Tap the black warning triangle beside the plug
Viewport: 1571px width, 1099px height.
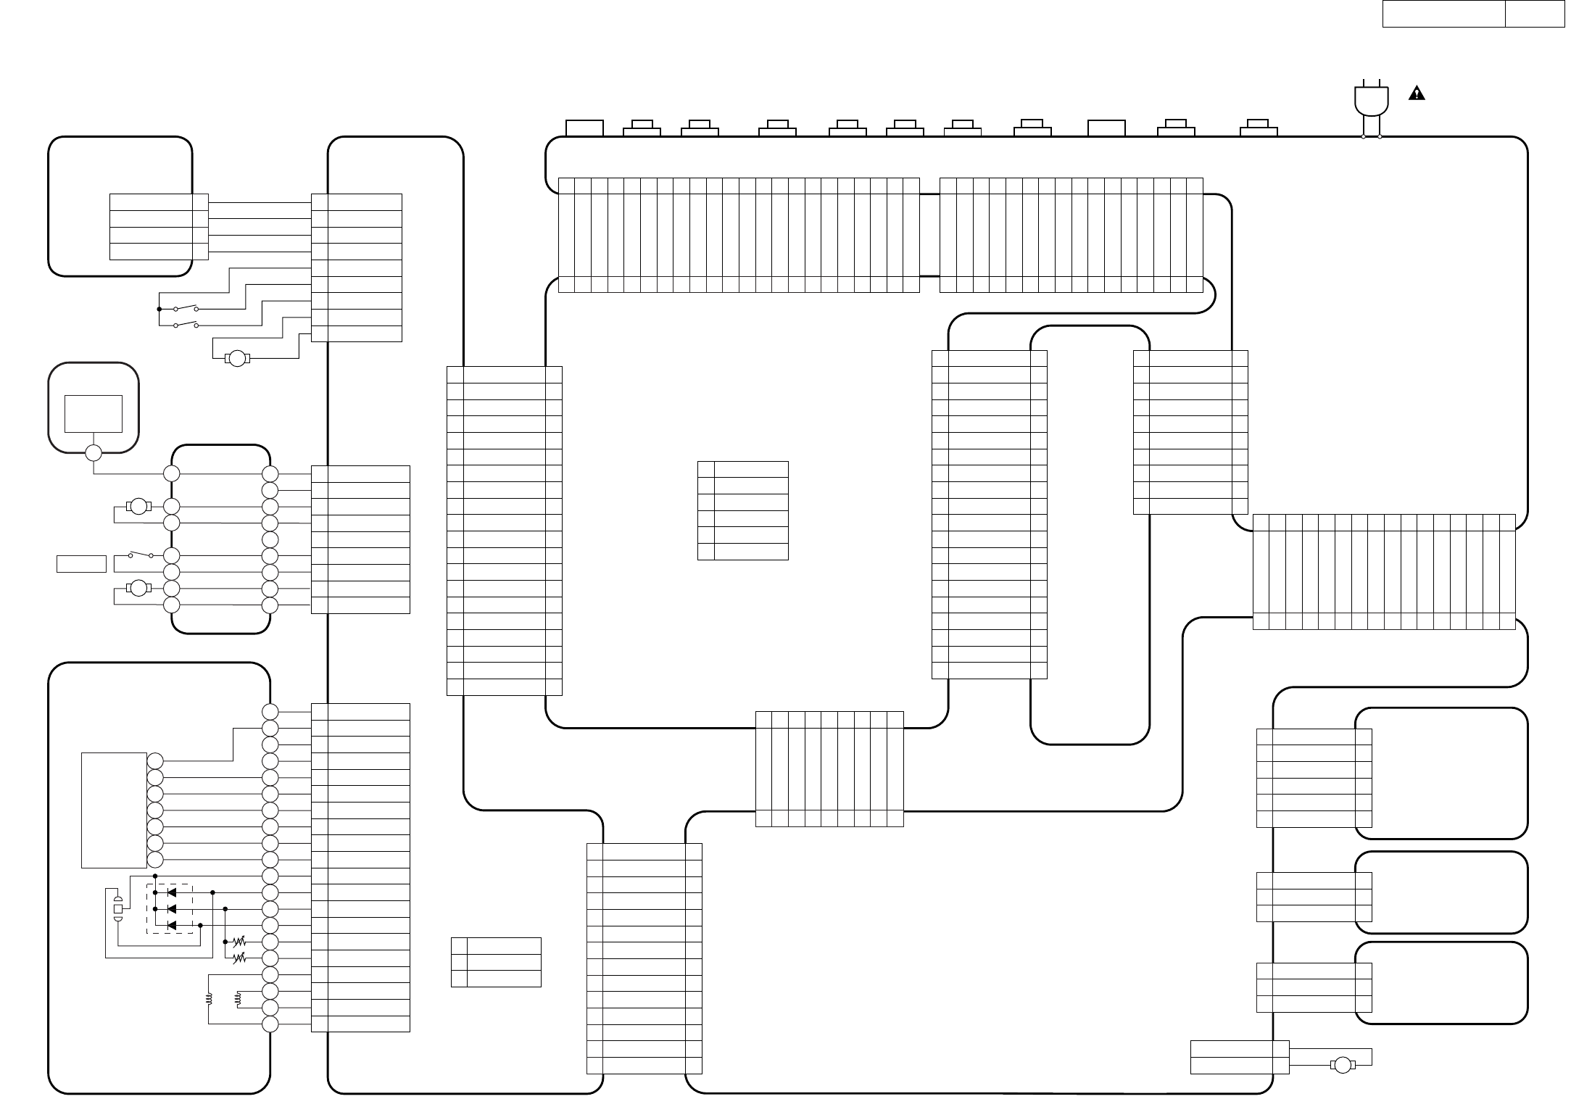[x=1417, y=94]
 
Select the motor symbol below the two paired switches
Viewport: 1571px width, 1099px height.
[x=238, y=358]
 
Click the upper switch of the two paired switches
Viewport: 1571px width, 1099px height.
[x=186, y=309]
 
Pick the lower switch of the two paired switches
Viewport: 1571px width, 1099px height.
[x=186, y=325]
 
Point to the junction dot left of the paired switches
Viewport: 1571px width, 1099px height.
[x=159, y=310]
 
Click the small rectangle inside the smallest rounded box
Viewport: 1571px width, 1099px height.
[x=94, y=413]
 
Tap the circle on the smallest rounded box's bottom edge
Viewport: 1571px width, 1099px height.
[x=94, y=453]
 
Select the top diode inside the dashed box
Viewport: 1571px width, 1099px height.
[x=172, y=892]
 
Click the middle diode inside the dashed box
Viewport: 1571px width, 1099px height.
[x=172, y=909]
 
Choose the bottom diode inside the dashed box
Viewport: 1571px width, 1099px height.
[x=172, y=926]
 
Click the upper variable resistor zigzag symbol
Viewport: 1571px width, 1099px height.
[x=239, y=942]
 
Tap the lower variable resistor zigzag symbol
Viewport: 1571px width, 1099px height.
[x=239, y=958]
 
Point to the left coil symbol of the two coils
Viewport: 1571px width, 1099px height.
[x=209, y=999]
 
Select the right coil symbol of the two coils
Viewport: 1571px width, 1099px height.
[x=237, y=999]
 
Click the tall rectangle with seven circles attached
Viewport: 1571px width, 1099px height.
[x=114, y=810]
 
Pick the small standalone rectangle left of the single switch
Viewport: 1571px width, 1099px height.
[x=81, y=563]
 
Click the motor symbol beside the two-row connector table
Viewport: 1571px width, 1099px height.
[x=1343, y=1065]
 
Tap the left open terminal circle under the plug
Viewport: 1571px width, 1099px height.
[x=1364, y=136]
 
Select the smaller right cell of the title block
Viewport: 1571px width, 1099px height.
[x=1534, y=14]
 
